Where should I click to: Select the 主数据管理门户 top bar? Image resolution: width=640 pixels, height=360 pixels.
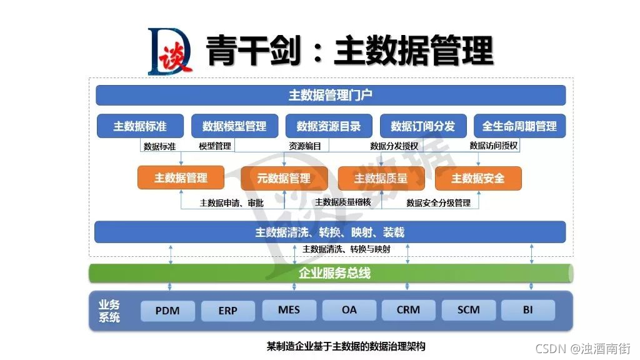[331, 95]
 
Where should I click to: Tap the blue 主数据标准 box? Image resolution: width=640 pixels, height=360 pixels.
[140, 126]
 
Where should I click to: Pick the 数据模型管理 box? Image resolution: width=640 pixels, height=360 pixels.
[234, 126]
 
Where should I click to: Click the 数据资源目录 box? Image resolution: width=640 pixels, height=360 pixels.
[329, 126]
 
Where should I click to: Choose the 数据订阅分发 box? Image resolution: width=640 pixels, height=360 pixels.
[423, 126]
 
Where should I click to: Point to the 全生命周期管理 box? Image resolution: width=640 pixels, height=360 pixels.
[519, 126]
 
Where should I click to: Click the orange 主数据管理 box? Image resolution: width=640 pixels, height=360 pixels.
[181, 178]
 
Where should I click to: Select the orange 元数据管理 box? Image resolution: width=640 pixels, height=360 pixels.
[284, 178]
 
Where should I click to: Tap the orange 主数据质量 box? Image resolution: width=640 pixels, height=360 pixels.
[381, 178]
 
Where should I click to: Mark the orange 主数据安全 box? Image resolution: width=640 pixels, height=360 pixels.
[478, 178]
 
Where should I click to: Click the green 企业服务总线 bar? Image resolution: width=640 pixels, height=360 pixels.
[331, 273]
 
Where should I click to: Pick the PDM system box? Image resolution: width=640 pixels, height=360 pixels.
[167, 311]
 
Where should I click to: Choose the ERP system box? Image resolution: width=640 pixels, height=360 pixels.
[228, 311]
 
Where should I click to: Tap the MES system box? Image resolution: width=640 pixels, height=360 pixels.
[289, 310]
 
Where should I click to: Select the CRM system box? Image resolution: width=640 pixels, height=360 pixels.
[408, 310]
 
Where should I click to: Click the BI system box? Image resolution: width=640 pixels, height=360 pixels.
[528, 310]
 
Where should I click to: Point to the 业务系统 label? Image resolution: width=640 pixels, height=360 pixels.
[109, 311]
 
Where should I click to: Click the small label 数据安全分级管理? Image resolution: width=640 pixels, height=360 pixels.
[438, 203]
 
